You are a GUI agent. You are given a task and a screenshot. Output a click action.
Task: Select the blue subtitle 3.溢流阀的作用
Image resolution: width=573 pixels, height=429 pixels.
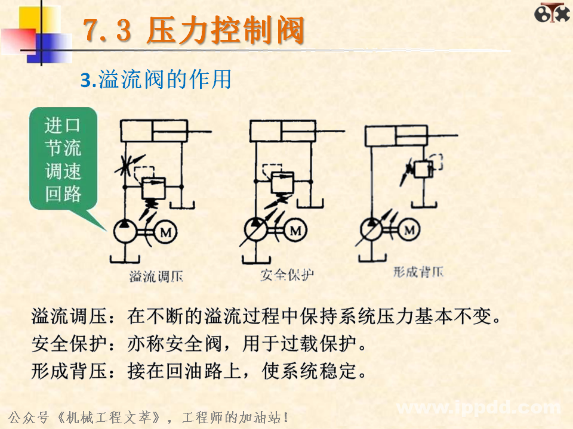tap(156, 80)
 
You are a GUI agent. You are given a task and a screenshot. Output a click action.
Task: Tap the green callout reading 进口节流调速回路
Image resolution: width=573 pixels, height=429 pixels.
tap(63, 160)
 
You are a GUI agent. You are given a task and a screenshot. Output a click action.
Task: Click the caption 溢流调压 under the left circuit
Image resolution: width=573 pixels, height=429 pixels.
tap(156, 277)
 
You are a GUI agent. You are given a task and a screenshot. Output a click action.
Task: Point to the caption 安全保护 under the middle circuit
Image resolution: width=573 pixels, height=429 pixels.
tap(287, 275)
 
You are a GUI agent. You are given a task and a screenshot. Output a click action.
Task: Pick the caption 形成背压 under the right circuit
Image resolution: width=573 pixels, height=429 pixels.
tap(418, 273)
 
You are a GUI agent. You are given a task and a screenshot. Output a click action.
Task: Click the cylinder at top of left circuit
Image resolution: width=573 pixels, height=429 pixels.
tap(154, 130)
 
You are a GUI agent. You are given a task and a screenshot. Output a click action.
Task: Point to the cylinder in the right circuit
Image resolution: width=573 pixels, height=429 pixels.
tap(396, 136)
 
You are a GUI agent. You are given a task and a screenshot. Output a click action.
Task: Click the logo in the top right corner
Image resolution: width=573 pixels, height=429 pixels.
tap(552, 14)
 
